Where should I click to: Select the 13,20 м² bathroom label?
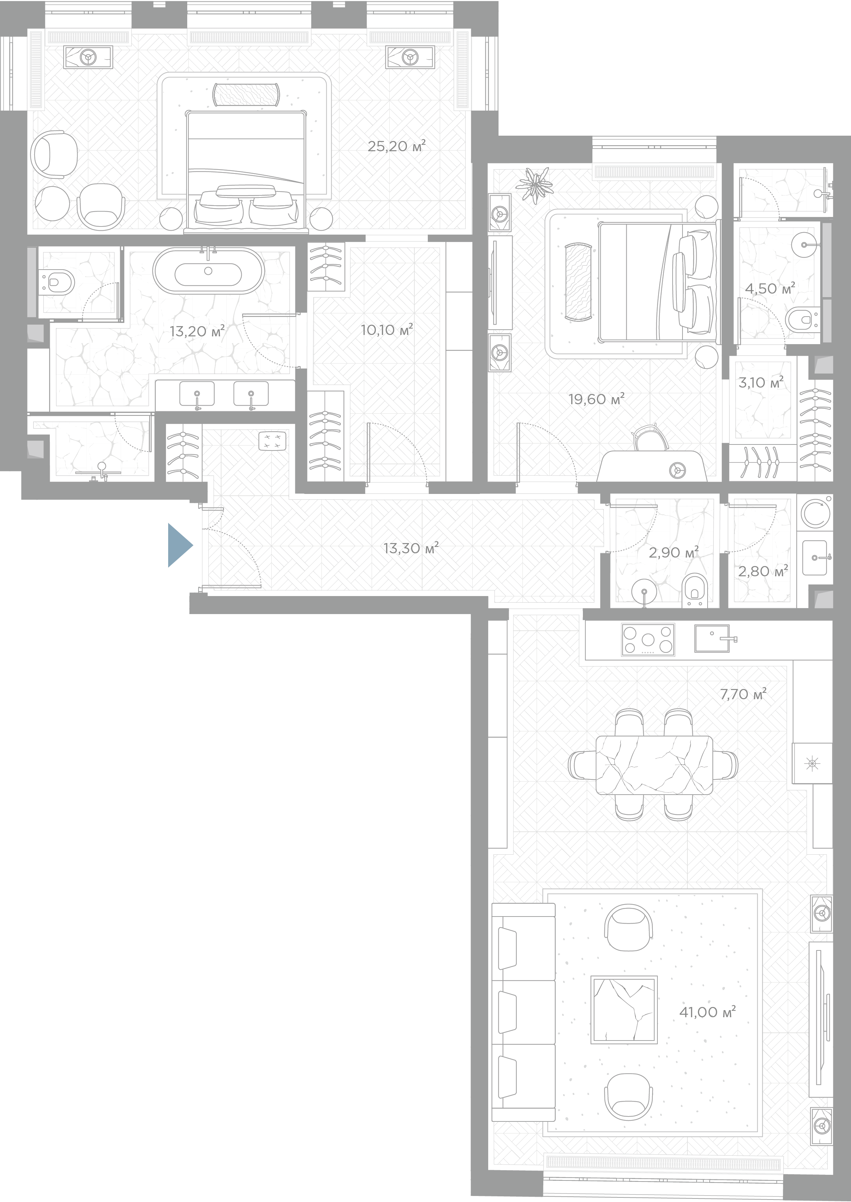197,331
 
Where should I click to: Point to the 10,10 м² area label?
387,330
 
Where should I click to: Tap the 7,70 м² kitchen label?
743,694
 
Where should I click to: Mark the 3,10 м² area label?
761,383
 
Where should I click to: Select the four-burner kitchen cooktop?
648,639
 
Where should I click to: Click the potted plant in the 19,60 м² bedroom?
534,184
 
